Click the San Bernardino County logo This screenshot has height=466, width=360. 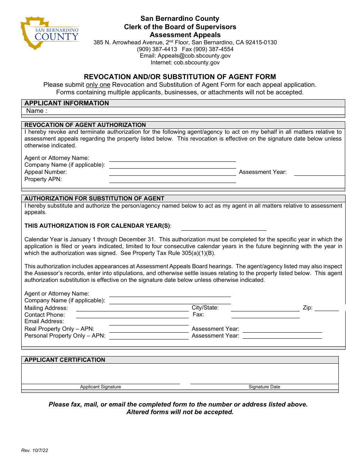[x=50, y=33]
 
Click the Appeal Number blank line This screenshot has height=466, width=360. [x=172, y=172]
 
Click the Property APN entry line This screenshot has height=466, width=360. [x=172, y=180]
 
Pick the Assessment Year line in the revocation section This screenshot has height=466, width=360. [x=319, y=172]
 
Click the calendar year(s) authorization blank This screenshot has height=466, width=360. [x=224, y=227]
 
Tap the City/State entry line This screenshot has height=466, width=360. [x=265, y=308]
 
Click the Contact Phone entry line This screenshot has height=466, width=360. [x=132, y=314]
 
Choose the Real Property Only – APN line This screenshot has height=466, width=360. [x=149, y=329]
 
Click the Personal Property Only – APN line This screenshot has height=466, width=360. [x=149, y=336]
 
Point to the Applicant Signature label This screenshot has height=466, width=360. [x=100, y=387]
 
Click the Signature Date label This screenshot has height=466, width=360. [x=264, y=387]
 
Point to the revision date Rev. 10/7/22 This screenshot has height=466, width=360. [x=35, y=450]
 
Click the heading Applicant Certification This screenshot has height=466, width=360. [x=65, y=360]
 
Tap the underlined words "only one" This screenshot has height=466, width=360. [x=98, y=85]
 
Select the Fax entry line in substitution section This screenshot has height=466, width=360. [x=265, y=314]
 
